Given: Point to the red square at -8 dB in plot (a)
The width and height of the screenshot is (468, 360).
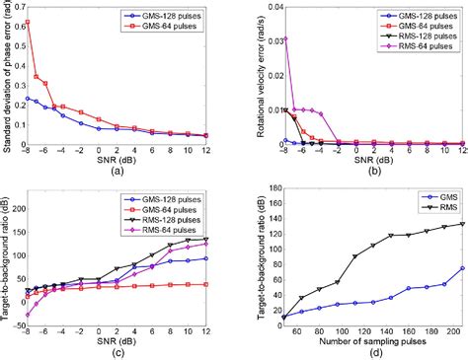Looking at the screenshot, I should [x=27, y=21].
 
